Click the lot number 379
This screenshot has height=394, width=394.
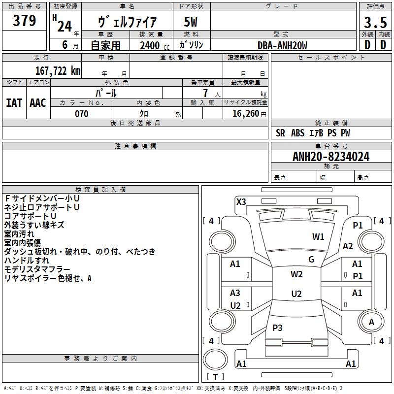click(x=24, y=21)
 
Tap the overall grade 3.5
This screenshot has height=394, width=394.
click(x=375, y=23)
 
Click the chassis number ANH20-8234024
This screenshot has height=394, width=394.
click(x=331, y=157)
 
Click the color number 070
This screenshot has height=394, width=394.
click(x=81, y=114)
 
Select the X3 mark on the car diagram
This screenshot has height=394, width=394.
click(x=241, y=201)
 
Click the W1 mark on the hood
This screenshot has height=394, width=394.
click(x=318, y=237)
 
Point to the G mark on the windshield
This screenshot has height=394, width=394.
click(x=311, y=260)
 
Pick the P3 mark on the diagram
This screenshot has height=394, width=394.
click(x=277, y=328)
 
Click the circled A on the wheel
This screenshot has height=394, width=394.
click(x=372, y=322)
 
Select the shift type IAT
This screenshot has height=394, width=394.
click(x=14, y=102)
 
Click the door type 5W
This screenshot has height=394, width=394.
click(x=191, y=22)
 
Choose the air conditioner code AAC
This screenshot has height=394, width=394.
click(x=38, y=102)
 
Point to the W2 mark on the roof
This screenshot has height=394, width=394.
click(x=296, y=274)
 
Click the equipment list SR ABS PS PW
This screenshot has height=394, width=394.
click(x=313, y=133)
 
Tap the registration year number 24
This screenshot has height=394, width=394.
click(x=64, y=26)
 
